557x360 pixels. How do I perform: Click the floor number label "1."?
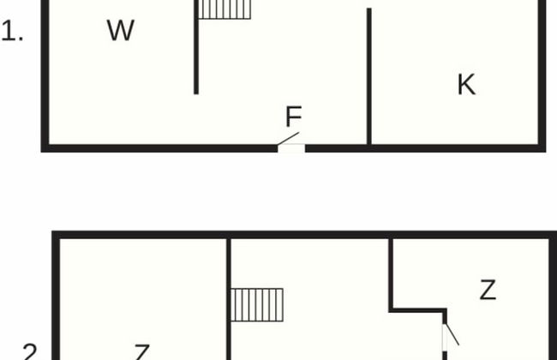pyautogui.click(x=13, y=35)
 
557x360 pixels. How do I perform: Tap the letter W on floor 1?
pyautogui.click(x=121, y=31)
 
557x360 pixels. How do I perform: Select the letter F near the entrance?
pyautogui.click(x=293, y=117)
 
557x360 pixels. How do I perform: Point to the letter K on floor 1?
pyautogui.click(x=466, y=85)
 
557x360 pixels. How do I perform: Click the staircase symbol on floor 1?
pyautogui.click(x=225, y=9)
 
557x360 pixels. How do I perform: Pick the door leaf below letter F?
pyautogui.click(x=290, y=139)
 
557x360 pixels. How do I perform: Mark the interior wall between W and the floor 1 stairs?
pyautogui.click(x=196, y=51)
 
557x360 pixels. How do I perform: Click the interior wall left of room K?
pyautogui.click(x=369, y=77)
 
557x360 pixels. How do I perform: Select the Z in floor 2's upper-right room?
pyautogui.click(x=488, y=290)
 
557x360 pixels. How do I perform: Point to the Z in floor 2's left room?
pyautogui.click(x=142, y=352)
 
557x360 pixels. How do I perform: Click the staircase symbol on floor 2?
pyautogui.click(x=257, y=304)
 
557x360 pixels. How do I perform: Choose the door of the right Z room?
pyautogui.click(x=451, y=332)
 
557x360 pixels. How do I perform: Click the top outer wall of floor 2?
pyautogui.click(x=300, y=234)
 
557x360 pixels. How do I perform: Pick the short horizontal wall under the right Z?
pyautogui.click(x=418, y=309)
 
